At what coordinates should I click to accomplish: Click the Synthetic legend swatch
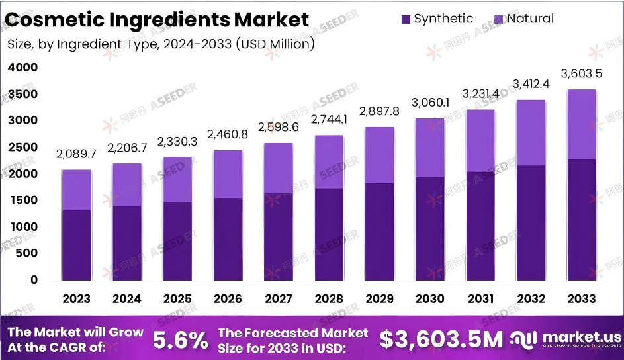(x=405, y=19)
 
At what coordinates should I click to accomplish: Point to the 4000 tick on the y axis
(x=23, y=67)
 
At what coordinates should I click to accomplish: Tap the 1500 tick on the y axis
(x=23, y=201)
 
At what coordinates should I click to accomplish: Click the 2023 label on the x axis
(x=76, y=298)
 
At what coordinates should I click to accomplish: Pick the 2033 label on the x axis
(x=581, y=298)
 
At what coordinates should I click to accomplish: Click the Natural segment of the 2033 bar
(x=581, y=124)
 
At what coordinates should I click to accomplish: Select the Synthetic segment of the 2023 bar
(x=77, y=245)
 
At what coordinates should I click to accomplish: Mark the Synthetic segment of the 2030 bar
(x=430, y=228)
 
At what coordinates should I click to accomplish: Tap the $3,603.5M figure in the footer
(x=441, y=339)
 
